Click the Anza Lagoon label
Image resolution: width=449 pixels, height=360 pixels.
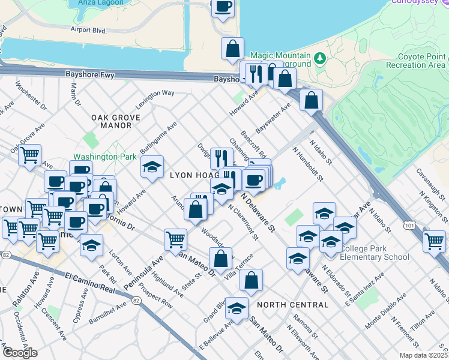(x=101, y=3)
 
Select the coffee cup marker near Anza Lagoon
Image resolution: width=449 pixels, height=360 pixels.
(x=223, y=7)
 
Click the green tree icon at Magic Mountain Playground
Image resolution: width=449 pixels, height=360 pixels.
(x=321, y=58)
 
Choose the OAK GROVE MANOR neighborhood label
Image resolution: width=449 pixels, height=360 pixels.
(x=111, y=121)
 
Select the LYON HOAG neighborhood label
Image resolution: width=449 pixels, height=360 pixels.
(x=192, y=175)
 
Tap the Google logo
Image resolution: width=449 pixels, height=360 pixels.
(x=19, y=353)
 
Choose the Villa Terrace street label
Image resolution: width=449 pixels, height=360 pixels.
(x=239, y=268)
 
